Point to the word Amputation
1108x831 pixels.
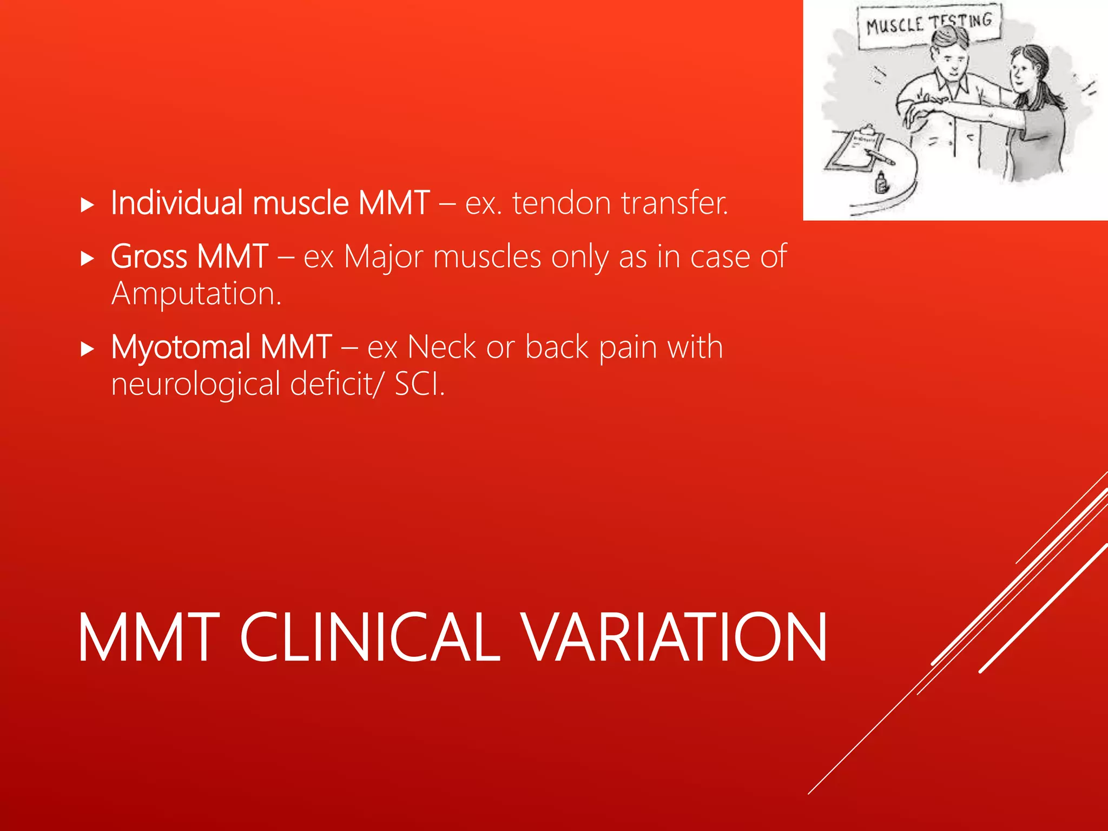pos(196,294)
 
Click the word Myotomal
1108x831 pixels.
pos(181,347)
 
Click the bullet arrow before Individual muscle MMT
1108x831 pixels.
pos(87,205)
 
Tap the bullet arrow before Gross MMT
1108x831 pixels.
pos(87,258)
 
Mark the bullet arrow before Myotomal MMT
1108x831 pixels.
pos(87,349)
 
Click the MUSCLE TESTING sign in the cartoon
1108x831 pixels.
pos(928,25)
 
